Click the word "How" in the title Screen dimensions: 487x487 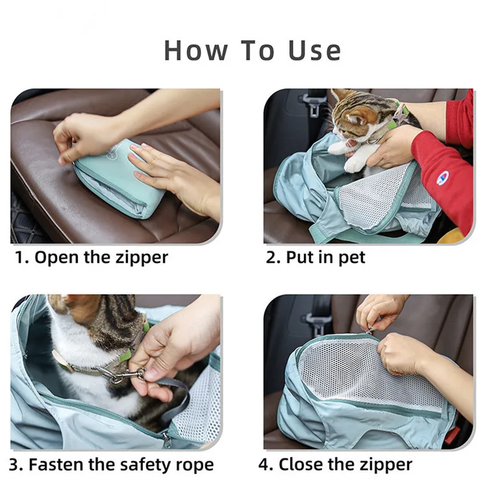point(195,51)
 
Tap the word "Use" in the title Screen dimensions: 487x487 point(315,51)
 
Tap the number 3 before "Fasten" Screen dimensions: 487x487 point(15,465)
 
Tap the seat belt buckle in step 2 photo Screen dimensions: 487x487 point(314,105)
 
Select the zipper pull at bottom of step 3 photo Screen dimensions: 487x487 point(166,440)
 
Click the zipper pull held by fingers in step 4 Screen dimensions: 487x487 point(369,331)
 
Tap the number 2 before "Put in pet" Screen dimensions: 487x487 point(271,258)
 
